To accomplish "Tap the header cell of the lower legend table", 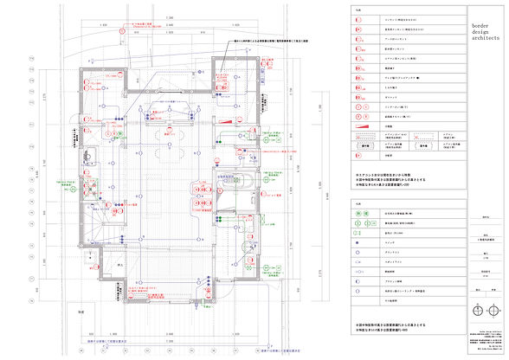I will (x=358, y=201).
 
